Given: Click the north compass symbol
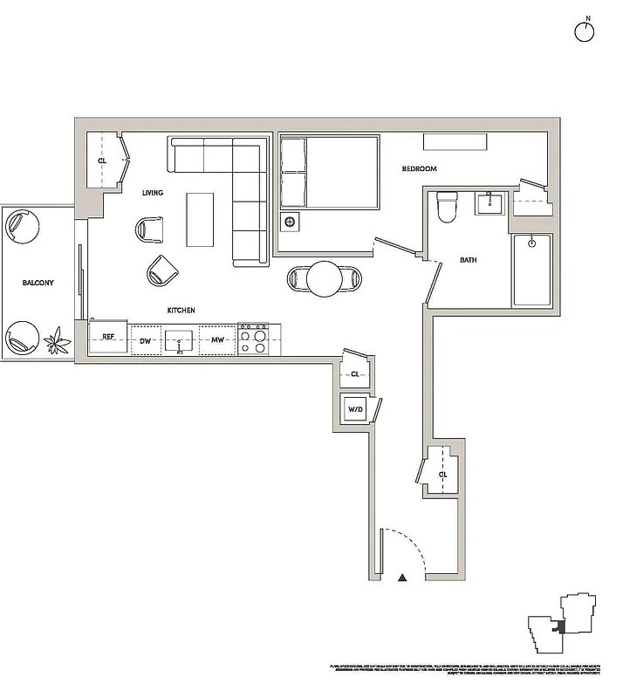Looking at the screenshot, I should tap(584, 31).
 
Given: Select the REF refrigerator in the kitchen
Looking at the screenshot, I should tap(108, 338).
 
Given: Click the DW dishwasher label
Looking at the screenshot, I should tap(146, 341).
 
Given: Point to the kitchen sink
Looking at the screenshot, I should tap(181, 339).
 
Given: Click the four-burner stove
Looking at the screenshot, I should tap(253, 339).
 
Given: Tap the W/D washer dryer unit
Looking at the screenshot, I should tap(356, 409).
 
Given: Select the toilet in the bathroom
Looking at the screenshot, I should tap(448, 207).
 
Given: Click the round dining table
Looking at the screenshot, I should tap(324, 279).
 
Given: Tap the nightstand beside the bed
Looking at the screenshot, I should tap(290, 221).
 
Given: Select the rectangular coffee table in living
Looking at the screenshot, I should tap(200, 219).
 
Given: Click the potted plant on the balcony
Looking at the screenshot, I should tap(58, 339).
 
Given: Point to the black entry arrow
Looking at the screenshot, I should tap(402, 578).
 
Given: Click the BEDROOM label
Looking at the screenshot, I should tap(419, 168).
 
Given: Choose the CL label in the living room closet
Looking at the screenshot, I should tap(102, 161).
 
